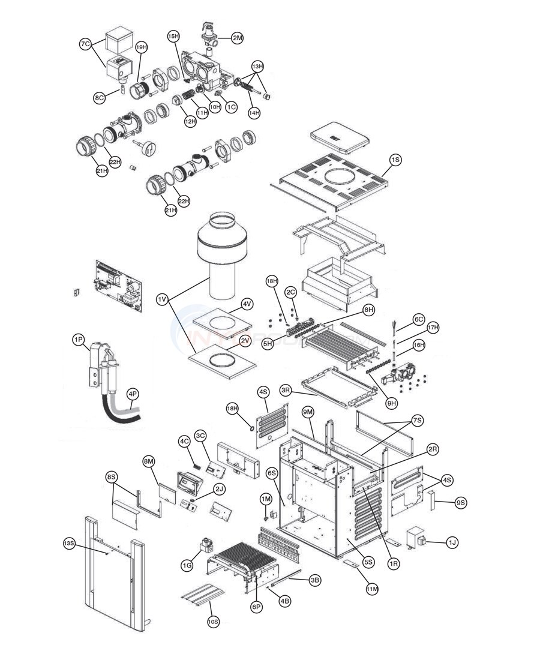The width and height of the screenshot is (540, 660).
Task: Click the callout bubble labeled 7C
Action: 85,44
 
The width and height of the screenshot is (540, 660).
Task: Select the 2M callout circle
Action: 238,38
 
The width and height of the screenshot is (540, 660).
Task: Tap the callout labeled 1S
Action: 395,160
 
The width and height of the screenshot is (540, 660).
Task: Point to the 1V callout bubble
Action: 161,298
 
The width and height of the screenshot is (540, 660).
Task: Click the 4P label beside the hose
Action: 133,394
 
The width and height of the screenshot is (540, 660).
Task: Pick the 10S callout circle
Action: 214,621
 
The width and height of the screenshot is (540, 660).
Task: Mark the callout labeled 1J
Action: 452,542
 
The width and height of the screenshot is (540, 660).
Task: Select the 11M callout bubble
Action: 372,589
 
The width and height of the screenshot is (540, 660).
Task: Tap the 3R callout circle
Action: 286,390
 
